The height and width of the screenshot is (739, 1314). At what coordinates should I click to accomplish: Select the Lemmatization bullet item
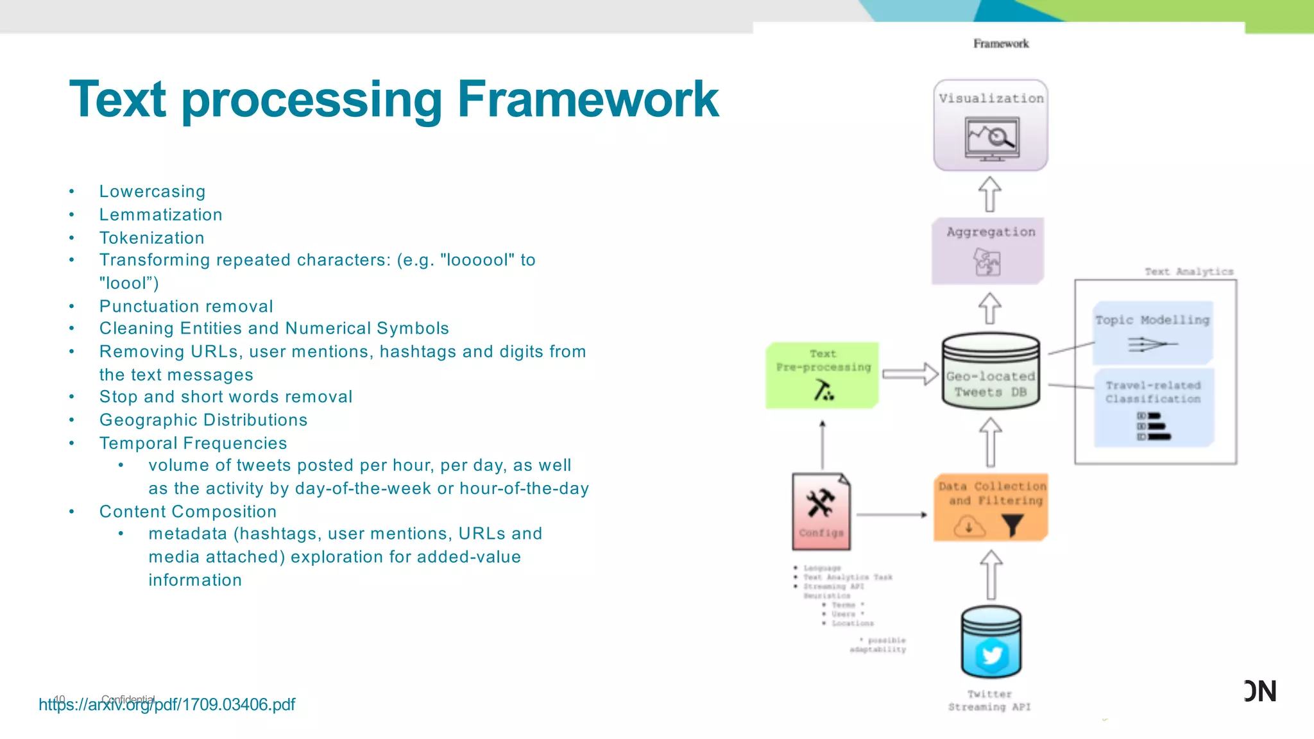160,215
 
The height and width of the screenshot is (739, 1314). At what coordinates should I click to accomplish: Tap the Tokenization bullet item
151,238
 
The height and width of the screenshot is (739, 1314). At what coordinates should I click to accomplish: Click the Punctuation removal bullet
186,307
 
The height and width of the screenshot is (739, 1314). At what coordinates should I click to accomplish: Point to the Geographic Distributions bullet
203,420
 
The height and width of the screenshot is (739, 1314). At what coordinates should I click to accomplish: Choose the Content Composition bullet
188,512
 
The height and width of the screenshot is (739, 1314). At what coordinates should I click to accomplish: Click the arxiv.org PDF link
167,705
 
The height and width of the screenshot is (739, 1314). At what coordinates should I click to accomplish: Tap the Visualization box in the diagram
991,125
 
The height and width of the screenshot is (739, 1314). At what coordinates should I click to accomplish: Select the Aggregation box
988,251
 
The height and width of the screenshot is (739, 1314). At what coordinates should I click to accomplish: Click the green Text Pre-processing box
823,375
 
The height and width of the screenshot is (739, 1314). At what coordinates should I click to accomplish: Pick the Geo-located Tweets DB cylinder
991,372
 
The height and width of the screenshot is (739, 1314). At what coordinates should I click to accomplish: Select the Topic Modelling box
1153,332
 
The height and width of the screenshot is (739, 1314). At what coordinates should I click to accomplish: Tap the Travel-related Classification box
1153,407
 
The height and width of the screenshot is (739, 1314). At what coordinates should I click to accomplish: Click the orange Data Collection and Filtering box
991,507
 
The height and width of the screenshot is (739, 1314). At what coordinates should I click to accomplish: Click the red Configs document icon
821,511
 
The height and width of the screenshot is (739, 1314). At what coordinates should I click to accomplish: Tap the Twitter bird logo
991,655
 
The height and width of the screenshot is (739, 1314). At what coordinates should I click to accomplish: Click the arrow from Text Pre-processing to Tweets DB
910,374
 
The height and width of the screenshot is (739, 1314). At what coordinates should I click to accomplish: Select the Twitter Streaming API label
989,701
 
